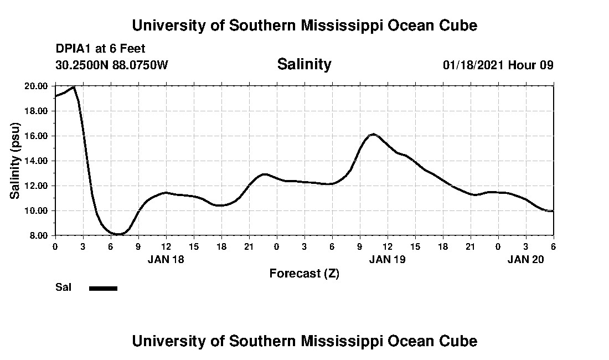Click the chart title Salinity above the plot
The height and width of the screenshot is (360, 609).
(x=304, y=64)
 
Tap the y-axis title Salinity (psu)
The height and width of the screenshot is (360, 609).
(x=15, y=161)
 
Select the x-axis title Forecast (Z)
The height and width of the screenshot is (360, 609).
(x=304, y=273)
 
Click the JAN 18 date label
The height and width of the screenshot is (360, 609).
(x=166, y=259)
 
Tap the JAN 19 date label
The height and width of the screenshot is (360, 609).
(x=387, y=259)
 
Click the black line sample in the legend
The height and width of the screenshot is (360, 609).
(x=103, y=288)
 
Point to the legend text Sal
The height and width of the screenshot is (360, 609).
(x=62, y=287)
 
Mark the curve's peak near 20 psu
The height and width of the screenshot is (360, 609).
(x=73, y=87)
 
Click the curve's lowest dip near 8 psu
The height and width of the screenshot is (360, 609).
(x=118, y=234)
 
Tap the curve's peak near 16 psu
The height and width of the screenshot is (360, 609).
(x=373, y=134)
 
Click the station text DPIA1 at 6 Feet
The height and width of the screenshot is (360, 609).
(x=100, y=49)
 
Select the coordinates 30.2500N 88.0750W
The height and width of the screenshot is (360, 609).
(x=111, y=65)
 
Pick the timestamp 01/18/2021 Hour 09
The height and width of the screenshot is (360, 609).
(x=498, y=65)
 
